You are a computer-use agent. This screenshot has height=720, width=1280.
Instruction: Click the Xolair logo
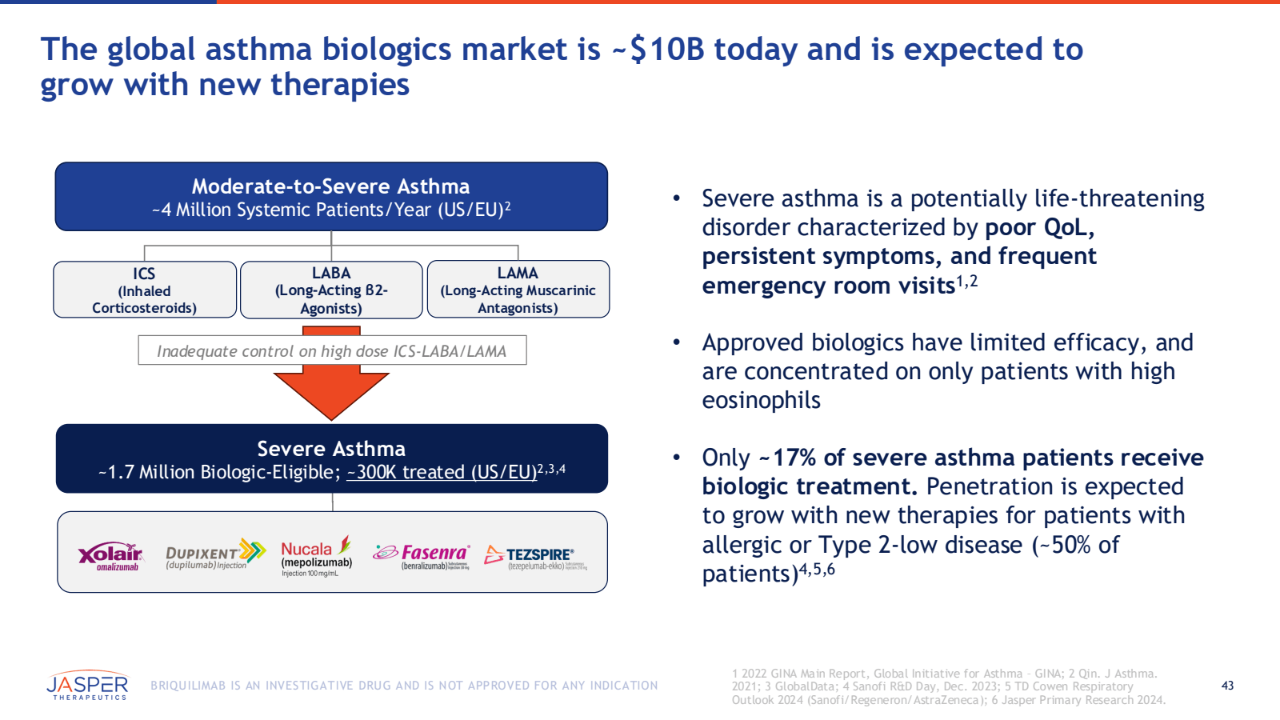coord(110,555)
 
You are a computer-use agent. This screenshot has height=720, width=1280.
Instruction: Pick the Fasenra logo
coord(421,555)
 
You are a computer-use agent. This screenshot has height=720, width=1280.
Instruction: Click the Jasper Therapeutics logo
coord(87,686)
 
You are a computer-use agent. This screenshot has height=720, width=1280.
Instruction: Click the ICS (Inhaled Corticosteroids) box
coord(145,290)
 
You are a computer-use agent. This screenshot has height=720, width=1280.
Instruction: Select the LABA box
coord(331,290)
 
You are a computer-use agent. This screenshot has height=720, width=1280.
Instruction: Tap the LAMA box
coord(518,290)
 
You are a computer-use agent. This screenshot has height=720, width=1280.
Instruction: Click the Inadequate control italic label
coord(331,351)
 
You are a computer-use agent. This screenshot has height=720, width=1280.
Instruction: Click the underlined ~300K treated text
coord(442,472)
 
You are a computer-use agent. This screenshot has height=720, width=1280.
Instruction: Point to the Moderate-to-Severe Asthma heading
coord(330,186)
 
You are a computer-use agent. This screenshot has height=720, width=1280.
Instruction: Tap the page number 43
coord(1227,686)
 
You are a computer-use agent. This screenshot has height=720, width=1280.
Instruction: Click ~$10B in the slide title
coord(658,50)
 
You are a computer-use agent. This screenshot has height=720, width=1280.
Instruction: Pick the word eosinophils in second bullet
coord(761,400)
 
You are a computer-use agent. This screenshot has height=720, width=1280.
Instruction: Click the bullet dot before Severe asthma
coord(676,198)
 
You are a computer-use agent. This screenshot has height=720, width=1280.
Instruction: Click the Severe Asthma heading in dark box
coord(331,449)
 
